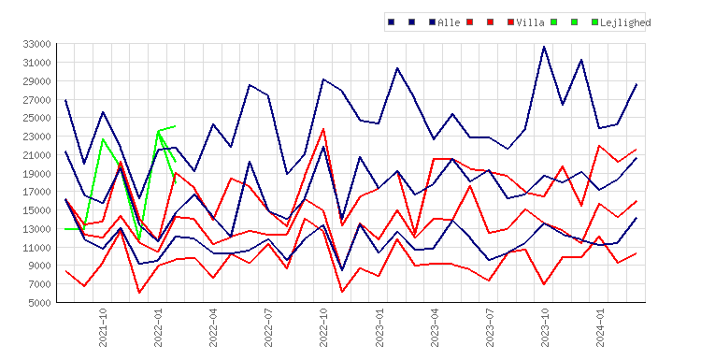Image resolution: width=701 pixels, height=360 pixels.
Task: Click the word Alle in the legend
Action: [x=449, y=22]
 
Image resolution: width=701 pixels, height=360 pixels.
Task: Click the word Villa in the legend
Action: [x=530, y=22]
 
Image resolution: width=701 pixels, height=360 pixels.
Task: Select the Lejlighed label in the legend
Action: [x=625, y=22]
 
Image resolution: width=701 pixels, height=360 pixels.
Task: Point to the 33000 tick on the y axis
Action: [x=36, y=44]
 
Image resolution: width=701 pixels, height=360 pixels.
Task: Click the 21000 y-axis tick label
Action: [x=36, y=154]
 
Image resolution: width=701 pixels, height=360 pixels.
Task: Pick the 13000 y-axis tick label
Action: [x=36, y=229]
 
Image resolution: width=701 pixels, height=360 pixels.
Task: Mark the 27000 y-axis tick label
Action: [x=36, y=99]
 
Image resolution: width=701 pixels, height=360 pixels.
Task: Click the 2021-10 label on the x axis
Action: [x=103, y=327]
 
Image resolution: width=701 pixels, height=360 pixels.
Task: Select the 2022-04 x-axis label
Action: [x=213, y=327]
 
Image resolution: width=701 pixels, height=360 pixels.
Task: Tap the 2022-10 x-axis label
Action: [x=323, y=327]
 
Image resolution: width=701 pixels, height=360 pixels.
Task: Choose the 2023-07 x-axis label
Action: [x=490, y=327]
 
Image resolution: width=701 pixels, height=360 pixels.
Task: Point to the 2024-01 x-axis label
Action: [x=600, y=327]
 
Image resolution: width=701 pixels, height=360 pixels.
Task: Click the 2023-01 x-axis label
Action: [x=379, y=327]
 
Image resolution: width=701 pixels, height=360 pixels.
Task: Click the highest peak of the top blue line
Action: [x=544, y=46]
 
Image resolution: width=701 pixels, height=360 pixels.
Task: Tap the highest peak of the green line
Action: [x=175, y=126]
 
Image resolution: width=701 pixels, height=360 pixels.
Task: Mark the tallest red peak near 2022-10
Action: [x=323, y=129]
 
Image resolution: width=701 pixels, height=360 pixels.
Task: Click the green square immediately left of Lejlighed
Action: [x=594, y=22]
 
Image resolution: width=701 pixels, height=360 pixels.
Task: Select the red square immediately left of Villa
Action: [x=510, y=22]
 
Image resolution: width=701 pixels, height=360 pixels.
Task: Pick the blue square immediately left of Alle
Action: [x=432, y=22]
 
